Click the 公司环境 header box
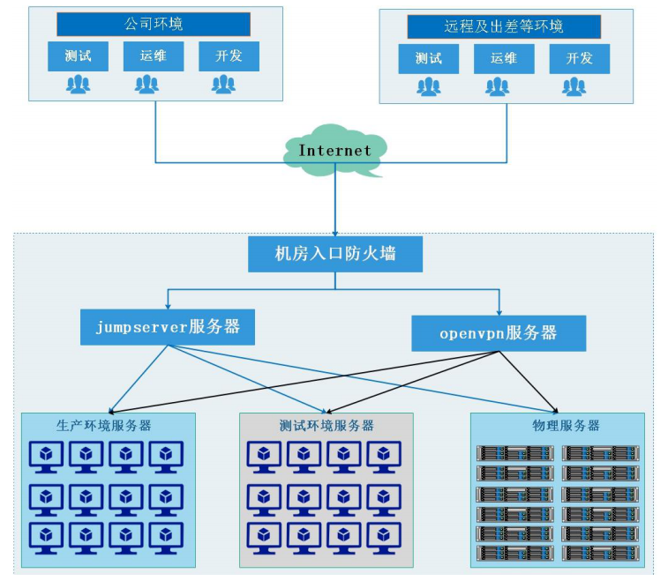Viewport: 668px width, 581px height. [x=154, y=24]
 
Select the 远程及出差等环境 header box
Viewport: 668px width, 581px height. [x=504, y=26]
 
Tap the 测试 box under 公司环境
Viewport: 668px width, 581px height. [x=78, y=56]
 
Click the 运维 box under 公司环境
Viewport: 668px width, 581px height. [x=153, y=56]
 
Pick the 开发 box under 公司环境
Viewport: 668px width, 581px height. [x=228, y=56]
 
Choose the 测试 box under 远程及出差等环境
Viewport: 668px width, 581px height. [x=428, y=59]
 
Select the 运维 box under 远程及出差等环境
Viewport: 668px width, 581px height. [x=504, y=59]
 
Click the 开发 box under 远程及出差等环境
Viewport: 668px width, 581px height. [x=579, y=59]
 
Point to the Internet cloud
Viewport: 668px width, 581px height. [x=335, y=151]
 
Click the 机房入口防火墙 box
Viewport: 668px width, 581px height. [x=335, y=255]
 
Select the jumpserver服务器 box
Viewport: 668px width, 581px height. [x=168, y=326]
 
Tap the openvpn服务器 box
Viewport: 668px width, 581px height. [x=499, y=333]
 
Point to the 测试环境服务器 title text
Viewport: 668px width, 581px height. [x=326, y=426]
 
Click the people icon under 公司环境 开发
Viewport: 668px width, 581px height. [x=223, y=85]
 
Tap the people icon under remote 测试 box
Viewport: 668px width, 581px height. [x=428, y=86]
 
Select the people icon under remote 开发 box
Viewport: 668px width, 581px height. [x=574, y=86]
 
